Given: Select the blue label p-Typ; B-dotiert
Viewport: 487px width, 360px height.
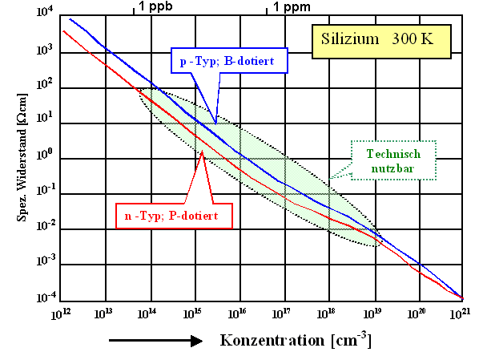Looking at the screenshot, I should tap(229, 60).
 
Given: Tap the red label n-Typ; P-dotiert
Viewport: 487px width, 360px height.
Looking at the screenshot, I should tap(174, 216).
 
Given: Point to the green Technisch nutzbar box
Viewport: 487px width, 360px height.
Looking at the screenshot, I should tap(392, 160).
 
